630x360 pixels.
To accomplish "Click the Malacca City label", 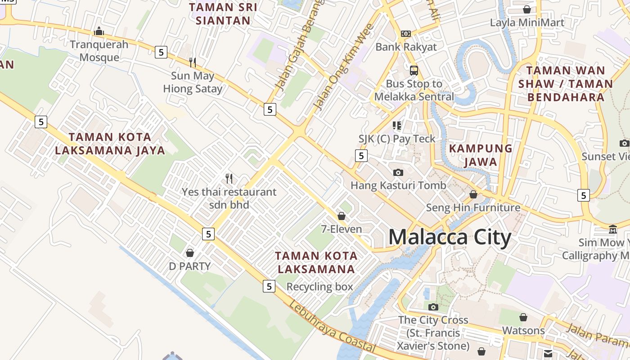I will click(450, 237).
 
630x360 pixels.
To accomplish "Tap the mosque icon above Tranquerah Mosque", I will click(99, 31).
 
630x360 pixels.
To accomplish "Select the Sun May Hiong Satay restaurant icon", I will click(193, 62).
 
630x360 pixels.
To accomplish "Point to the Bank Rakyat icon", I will click(406, 34).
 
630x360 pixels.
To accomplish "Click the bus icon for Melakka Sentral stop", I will click(414, 71).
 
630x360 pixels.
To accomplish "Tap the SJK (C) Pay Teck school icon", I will click(396, 126).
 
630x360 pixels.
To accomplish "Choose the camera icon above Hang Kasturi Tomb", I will click(398, 172).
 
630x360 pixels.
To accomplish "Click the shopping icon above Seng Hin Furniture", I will click(473, 194).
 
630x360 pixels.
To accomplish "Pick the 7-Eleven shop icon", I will click(342, 216).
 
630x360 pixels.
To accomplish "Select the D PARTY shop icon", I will click(190, 253).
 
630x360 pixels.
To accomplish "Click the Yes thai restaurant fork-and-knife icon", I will click(229, 179).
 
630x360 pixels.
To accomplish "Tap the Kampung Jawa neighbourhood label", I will click(481, 155).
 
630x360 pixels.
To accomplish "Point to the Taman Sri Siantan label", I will click(223, 14).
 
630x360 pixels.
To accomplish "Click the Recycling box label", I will click(319, 287).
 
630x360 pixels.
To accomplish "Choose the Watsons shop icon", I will click(523, 317).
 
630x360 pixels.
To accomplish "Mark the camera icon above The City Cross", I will click(433, 307).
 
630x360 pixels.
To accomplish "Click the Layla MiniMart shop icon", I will click(527, 9).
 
